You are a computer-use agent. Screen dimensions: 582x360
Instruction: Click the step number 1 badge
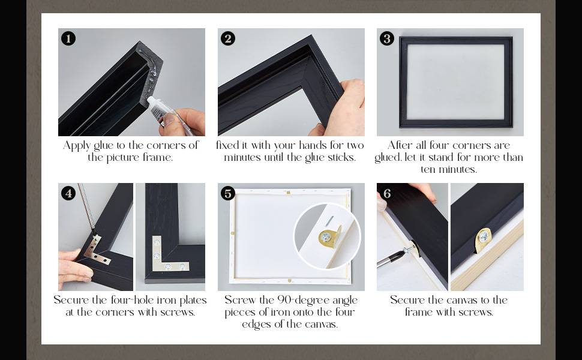point(68,38)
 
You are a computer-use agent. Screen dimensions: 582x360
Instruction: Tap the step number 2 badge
point(228,38)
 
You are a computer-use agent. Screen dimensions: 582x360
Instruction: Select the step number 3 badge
point(387,38)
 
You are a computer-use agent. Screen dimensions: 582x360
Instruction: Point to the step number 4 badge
point(68,193)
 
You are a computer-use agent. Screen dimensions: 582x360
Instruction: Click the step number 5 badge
point(228,193)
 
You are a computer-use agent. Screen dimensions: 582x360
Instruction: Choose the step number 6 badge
point(387,193)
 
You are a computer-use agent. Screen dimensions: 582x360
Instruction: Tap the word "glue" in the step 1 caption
point(103,145)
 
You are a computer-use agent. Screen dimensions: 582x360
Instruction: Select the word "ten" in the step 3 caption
point(428,170)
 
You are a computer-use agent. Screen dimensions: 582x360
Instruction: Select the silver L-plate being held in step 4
point(96,250)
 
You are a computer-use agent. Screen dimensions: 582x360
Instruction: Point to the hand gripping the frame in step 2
point(343,108)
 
